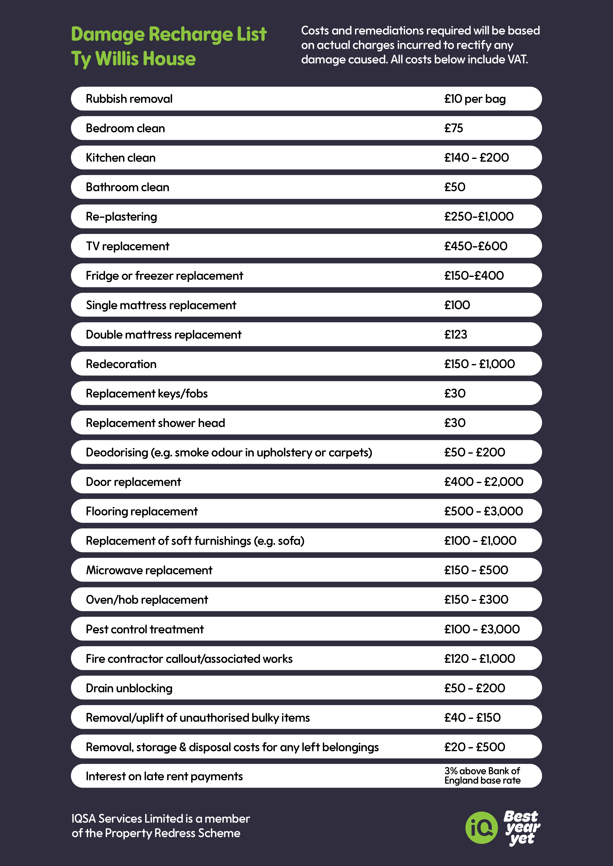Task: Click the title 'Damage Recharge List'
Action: tap(169, 34)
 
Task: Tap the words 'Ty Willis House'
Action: tap(134, 59)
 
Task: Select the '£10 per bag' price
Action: tap(475, 99)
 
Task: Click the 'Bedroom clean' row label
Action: tap(125, 128)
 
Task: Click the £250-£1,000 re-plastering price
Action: tap(479, 216)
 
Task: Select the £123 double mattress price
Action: tap(456, 335)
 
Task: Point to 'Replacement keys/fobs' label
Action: tap(147, 393)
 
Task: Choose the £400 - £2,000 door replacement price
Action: tap(484, 482)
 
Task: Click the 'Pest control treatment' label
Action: tap(145, 629)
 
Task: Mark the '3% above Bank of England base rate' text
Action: tap(482, 776)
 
